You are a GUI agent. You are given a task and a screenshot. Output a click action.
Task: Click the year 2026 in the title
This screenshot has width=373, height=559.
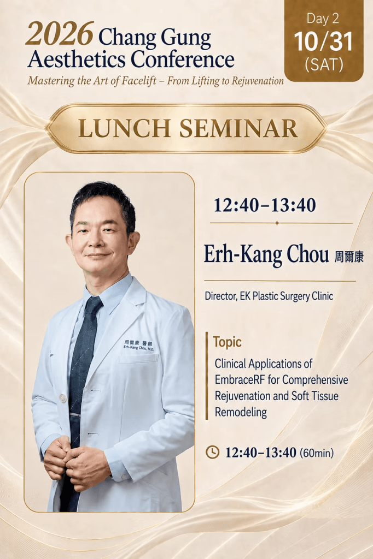[60, 34]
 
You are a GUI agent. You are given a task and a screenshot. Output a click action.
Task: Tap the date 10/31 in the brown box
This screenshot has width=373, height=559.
[323, 41]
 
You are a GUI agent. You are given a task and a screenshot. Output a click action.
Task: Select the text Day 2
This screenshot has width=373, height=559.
[323, 19]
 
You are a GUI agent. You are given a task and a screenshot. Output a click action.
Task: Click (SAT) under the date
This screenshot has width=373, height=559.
[324, 64]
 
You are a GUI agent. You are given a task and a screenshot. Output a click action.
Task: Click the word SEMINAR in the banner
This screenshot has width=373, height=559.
[238, 128]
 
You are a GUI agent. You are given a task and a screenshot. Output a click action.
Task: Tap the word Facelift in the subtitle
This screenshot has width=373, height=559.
[138, 81]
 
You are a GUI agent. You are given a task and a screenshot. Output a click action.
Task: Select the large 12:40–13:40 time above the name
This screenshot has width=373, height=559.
[265, 205]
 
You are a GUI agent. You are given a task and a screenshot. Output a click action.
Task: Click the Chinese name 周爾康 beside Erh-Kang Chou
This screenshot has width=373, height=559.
[349, 257]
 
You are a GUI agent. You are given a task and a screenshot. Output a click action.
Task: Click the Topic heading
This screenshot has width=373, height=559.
[227, 342]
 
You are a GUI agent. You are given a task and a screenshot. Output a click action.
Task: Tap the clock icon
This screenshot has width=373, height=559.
[213, 452]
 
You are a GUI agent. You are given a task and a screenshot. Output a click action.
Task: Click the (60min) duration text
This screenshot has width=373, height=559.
[317, 453]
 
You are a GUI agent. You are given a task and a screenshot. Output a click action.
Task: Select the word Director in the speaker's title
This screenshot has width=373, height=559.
[219, 296]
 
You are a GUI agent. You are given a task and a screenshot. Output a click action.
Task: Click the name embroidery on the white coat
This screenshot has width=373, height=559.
[138, 346]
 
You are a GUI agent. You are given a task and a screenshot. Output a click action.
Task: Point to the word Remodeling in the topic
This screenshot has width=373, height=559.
[241, 412]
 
